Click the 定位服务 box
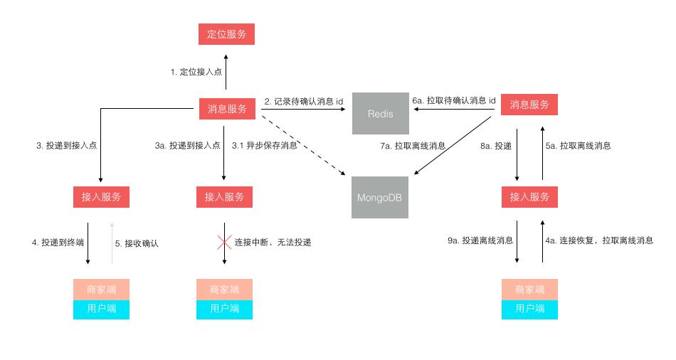[226, 33]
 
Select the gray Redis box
[381, 113]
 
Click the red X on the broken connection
[225, 242]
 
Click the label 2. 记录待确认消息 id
[304, 102]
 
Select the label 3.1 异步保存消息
[265, 145]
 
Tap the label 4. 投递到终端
[58, 243]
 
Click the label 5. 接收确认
[137, 243]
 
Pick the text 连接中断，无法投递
[273, 242]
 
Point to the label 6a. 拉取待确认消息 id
[453, 101]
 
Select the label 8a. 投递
[496, 146]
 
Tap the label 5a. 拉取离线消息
[578, 146]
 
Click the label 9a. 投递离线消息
[480, 241]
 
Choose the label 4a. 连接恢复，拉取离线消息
[598, 241]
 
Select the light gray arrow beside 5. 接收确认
[111, 243]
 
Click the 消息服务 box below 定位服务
[226, 109]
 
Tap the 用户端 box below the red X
[225, 309]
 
